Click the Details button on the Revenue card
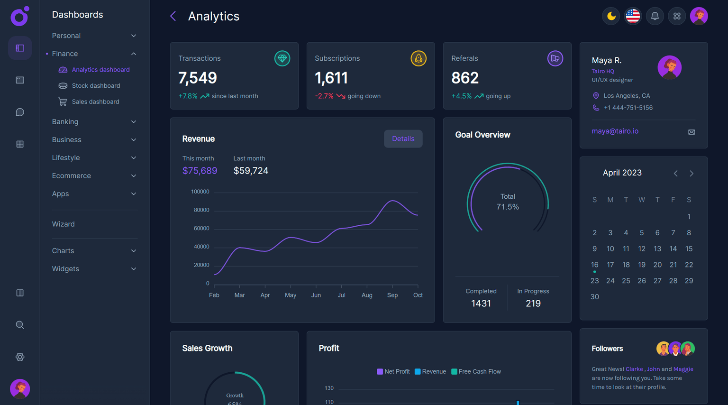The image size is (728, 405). click(403, 139)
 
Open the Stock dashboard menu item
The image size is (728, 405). click(96, 86)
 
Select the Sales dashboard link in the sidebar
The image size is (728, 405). click(95, 102)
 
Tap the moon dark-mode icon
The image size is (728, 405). click(611, 16)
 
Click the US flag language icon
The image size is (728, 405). click(633, 16)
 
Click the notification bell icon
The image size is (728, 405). click(655, 16)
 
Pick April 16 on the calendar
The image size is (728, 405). click(594, 265)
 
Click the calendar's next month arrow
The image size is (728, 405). click(692, 174)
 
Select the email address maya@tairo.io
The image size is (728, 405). click(615, 131)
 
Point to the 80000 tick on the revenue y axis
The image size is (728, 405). click(201, 210)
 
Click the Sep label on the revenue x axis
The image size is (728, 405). click(392, 295)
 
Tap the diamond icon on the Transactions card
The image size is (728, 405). click(282, 58)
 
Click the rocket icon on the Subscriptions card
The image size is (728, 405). click(418, 58)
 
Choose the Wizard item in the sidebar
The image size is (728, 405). click(64, 224)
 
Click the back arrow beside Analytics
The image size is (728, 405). click(173, 16)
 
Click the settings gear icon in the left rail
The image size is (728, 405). click(20, 357)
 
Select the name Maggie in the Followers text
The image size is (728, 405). click(683, 369)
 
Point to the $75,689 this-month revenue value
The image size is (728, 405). click(200, 171)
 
